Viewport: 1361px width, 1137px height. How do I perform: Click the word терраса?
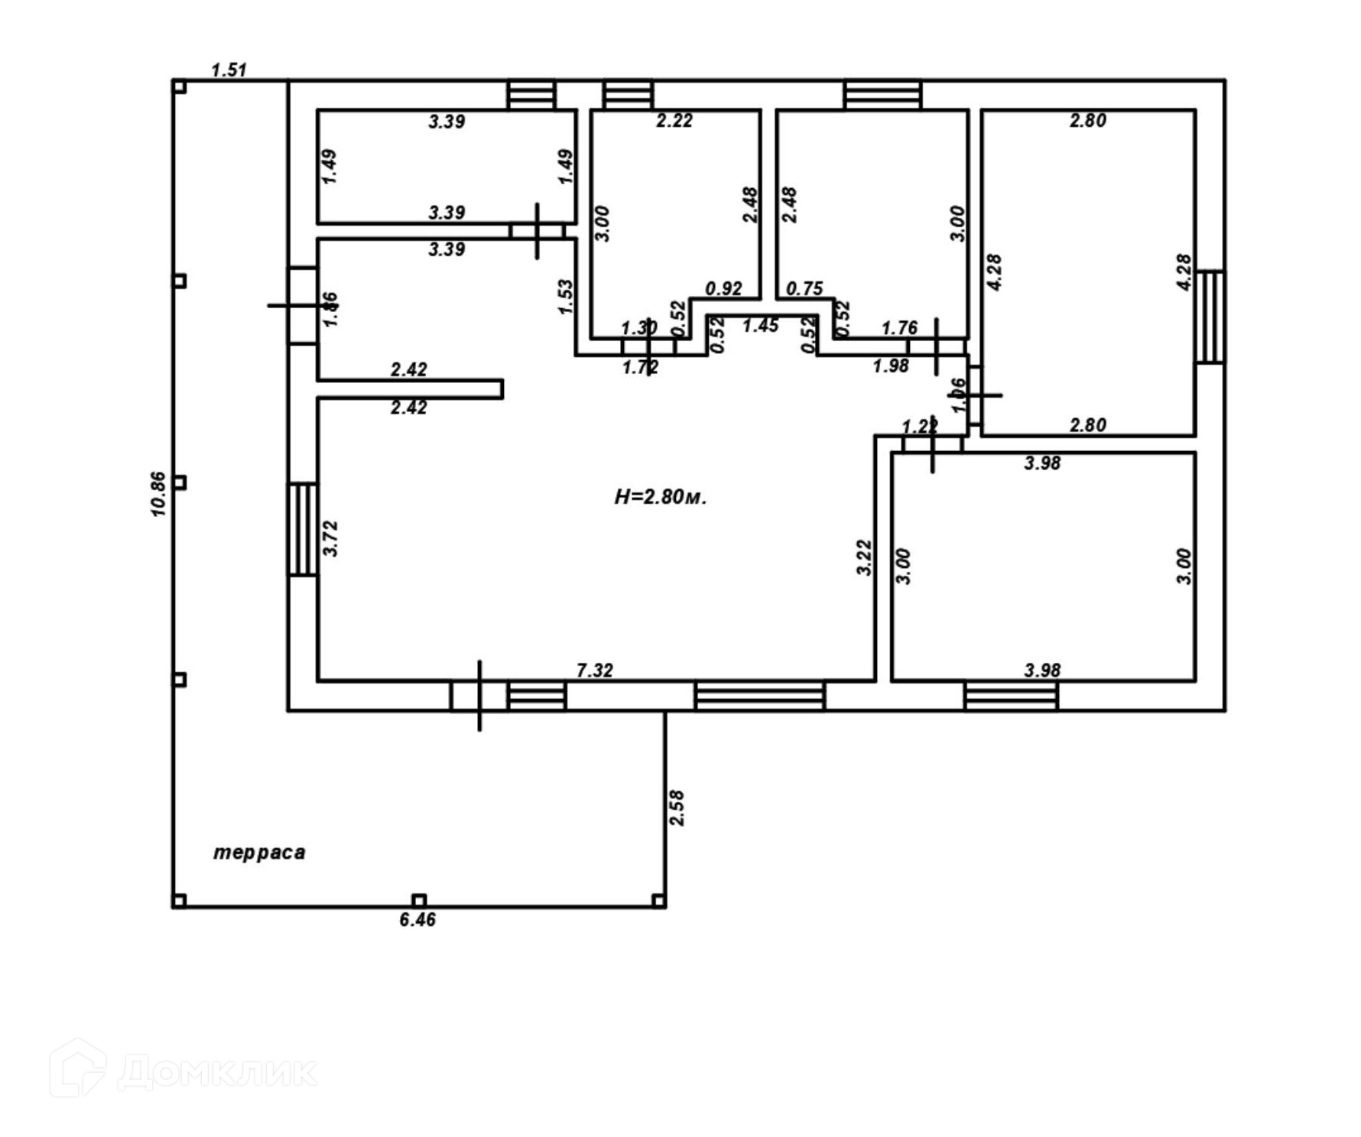click(259, 853)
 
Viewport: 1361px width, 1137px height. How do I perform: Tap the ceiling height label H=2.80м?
click(661, 497)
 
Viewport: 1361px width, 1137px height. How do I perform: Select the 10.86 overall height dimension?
click(158, 494)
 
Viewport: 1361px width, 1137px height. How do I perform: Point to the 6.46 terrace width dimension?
click(417, 920)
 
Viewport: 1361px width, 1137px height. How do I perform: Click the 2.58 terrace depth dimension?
click(677, 808)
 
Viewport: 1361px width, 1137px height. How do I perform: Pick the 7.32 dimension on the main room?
click(594, 671)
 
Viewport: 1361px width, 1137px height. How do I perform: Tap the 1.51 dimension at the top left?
click(229, 70)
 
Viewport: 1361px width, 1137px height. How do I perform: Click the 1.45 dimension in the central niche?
click(760, 326)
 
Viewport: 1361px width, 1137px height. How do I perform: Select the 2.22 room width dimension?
click(674, 121)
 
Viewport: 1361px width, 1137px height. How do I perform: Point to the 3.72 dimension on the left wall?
click(330, 538)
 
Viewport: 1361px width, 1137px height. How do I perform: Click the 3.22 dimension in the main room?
click(864, 557)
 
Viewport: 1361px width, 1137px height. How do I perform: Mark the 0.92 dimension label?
click(723, 289)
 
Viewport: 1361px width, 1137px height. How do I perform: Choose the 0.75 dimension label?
click(804, 288)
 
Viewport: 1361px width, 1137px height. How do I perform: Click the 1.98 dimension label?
click(891, 366)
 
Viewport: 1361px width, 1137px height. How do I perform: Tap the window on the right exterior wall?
click(1210, 317)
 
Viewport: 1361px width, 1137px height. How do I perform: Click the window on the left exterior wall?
click(302, 528)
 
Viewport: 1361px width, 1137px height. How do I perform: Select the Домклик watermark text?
click(217, 1072)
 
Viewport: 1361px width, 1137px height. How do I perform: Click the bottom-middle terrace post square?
click(418, 900)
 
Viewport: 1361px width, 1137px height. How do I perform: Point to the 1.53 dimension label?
click(565, 297)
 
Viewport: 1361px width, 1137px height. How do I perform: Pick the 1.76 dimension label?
click(899, 328)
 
